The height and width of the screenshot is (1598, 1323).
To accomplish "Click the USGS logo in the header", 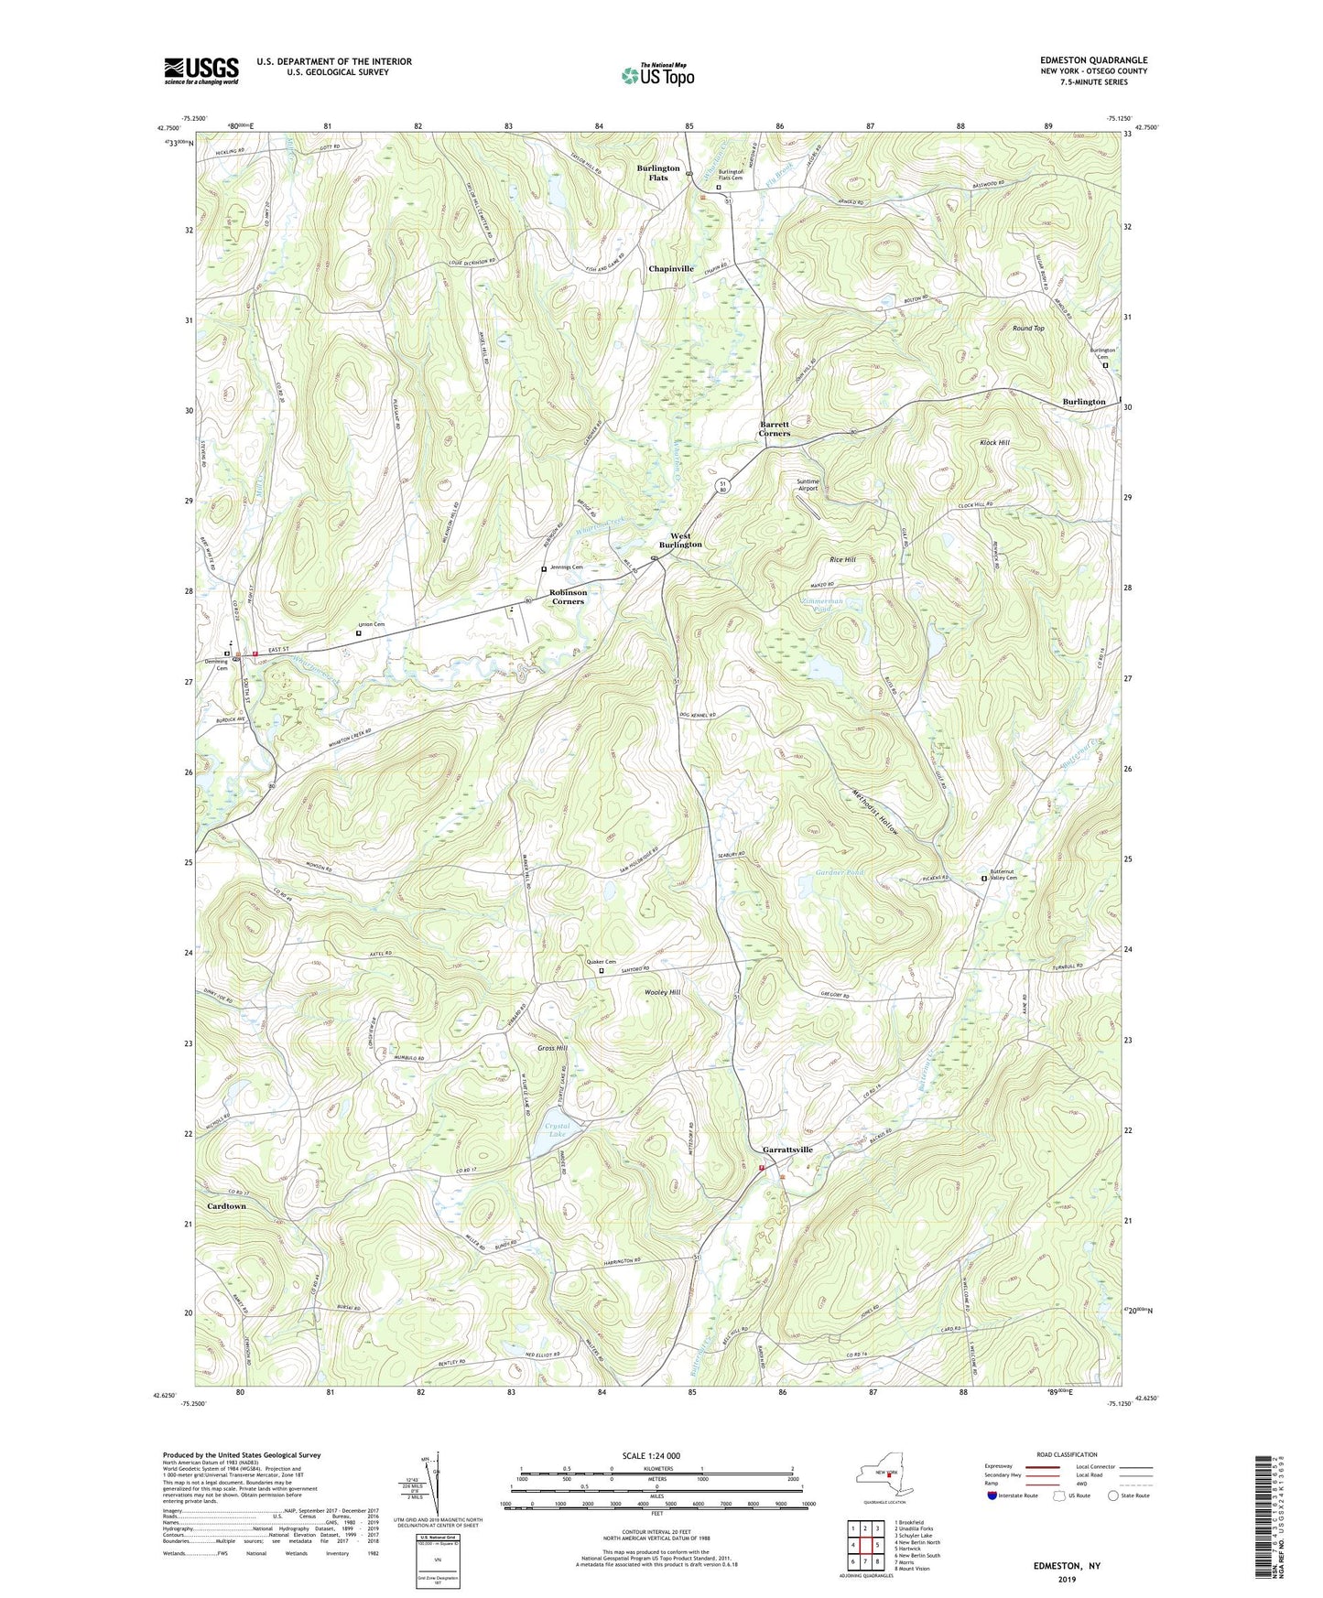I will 201,70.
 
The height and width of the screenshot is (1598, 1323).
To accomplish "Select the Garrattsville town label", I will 787,1150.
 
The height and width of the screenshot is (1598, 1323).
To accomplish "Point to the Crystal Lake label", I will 557,1130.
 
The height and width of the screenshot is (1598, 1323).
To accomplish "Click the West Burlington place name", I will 680,540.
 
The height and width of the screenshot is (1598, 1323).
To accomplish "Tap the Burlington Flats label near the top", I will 658,173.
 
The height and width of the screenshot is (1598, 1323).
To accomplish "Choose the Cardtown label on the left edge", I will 226,1206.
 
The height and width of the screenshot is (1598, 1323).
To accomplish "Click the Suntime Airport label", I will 808,485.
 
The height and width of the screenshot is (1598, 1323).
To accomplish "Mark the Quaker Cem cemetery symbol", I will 602,972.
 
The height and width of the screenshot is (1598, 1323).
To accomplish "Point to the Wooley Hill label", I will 663,992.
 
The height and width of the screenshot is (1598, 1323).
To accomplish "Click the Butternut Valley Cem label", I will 1003,874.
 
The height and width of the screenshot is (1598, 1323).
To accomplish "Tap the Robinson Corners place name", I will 568,597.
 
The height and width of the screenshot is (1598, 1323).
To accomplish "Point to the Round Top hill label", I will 1027,328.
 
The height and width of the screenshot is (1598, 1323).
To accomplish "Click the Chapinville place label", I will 671,269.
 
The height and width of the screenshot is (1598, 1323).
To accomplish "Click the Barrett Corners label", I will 775,428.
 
